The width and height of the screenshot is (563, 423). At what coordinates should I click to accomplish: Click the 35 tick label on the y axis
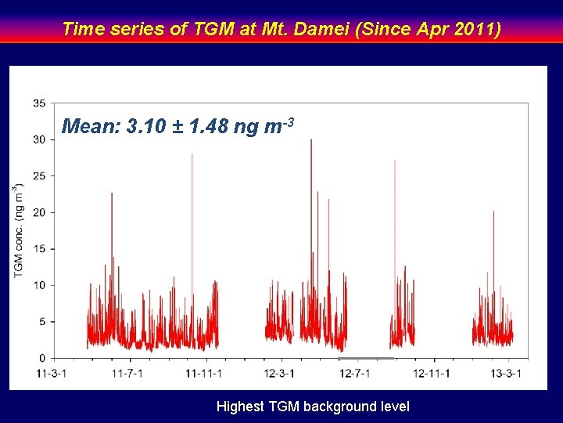click(38, 103)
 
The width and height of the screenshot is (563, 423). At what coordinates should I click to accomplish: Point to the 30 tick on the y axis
click(38, 139)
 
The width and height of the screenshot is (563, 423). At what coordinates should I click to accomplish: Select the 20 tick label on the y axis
click(38, 212)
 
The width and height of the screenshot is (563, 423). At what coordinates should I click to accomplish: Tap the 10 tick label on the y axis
click(38, 285)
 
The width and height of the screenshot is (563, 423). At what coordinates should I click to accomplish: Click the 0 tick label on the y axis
click(41, 358)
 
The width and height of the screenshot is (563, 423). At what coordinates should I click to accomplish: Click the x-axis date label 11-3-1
click(52, 373)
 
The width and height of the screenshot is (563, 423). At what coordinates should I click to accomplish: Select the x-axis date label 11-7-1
click(127, 373)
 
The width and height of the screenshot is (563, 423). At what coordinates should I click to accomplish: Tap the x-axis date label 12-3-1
click(279, 373)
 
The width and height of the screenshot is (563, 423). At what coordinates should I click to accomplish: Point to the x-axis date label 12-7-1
click(354, 373)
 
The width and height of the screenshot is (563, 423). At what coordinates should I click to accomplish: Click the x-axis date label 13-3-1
click(506, 373)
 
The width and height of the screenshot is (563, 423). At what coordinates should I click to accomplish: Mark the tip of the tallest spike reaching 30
click(311, 139)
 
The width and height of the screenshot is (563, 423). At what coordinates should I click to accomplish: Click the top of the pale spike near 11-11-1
click(192, 154)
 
